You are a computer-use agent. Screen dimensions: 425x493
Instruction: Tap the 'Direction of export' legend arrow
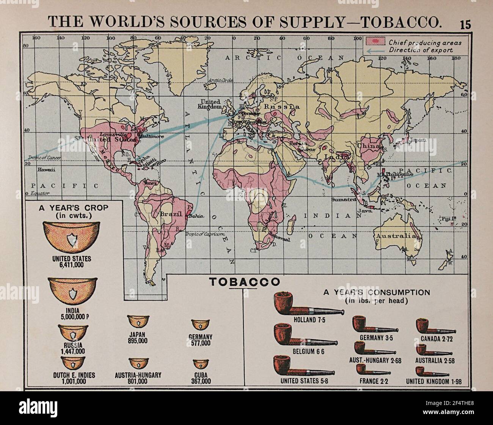click(375, 49)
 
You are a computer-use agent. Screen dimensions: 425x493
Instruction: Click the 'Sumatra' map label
click(342, 199)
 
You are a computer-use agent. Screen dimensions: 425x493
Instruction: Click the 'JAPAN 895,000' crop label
click(137, 337)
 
